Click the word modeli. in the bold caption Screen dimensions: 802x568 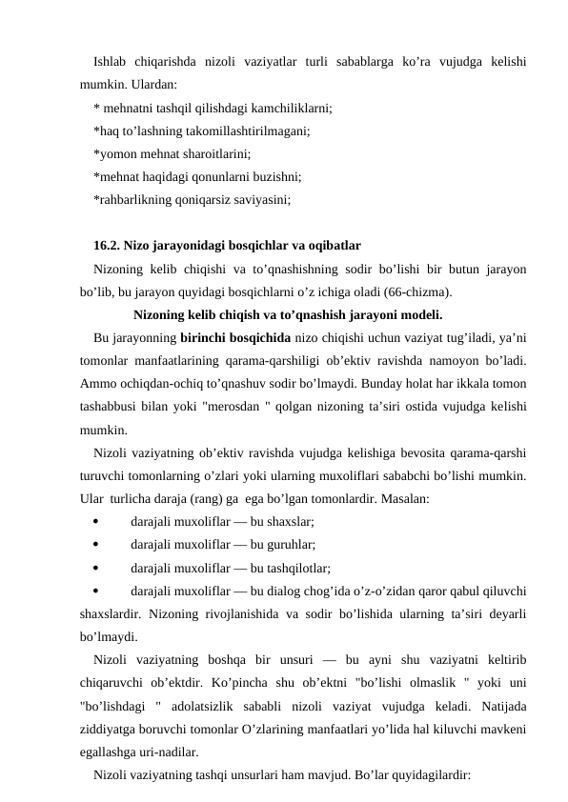[419, 314]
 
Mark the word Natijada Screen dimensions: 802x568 [504, 705]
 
